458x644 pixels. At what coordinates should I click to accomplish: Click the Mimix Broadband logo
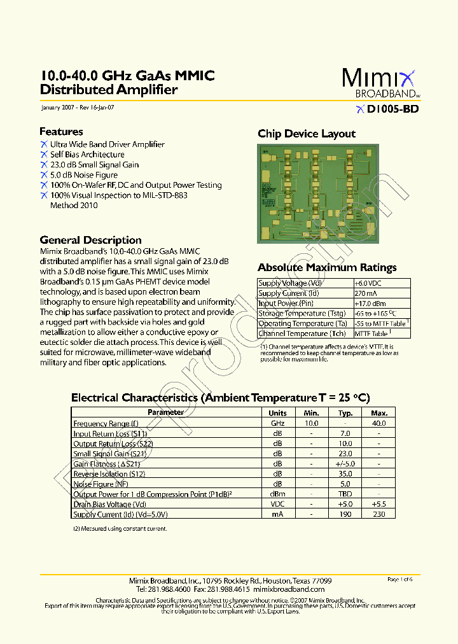coord(380,83)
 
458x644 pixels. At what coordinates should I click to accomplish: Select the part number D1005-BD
coord(391,109)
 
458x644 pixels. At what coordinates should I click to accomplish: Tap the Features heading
coord(61,132)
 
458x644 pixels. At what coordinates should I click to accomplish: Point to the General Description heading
coord(90,240)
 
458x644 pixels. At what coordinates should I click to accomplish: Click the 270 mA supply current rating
coord(366,293)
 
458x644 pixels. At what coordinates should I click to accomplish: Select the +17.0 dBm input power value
coord(370,304)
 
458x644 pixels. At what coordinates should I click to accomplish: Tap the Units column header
coord(278,412)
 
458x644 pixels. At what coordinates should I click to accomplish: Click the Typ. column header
coord(345,412)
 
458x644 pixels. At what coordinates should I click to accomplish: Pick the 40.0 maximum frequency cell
coord(379,423)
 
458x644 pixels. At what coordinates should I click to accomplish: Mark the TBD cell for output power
coord(345,494)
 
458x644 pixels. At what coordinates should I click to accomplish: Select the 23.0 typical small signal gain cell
coord(345,454)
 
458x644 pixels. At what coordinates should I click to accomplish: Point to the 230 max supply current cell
coord(379,514)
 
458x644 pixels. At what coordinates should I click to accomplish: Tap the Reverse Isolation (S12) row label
coord(109,474)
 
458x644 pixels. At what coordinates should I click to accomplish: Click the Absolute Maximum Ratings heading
coord(327,268)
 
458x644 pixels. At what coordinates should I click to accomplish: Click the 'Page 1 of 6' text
coord(400,580)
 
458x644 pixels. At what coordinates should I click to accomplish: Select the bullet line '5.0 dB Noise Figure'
coord(84,175)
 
